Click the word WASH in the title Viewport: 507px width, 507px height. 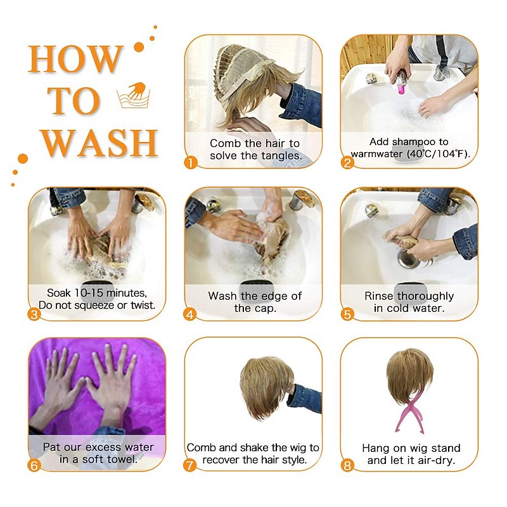pos(99,143)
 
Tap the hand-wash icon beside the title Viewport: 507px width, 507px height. pos(134,95)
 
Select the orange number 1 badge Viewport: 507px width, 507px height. pos(191,162)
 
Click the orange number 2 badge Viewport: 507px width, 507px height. pos(347,162)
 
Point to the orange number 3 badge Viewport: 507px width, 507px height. pos(34,314)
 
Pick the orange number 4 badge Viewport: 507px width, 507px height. pos(190,314)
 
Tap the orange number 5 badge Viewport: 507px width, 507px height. pos(347,314)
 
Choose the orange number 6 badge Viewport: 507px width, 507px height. pos(34,466)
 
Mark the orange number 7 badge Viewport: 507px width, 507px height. pos(190,466)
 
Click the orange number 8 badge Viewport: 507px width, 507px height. pos(347,466)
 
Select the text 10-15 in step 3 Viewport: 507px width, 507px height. pos(89,293)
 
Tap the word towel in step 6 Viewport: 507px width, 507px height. pos(123,459)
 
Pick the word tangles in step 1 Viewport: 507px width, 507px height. pos(281,156)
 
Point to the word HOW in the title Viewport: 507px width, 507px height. pos(75,59)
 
